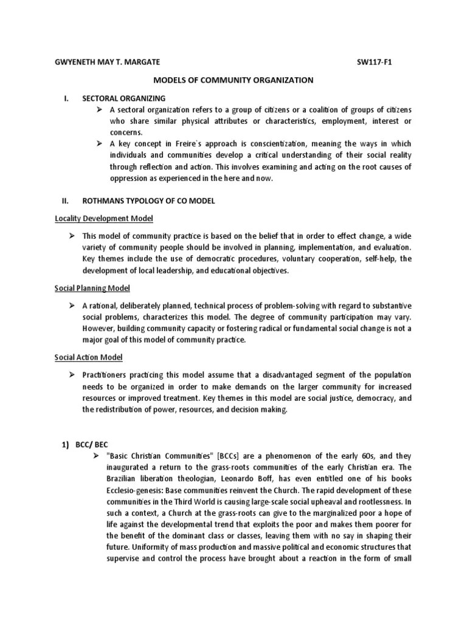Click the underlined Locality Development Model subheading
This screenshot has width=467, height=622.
tap(100, 218)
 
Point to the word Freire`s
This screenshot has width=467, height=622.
tap(178, 143)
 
